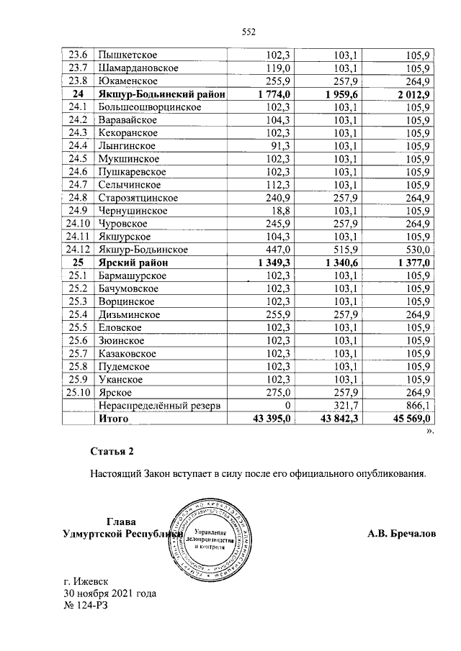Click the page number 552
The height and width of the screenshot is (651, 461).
click(249, 31)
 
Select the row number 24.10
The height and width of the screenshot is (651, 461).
click(77, 224)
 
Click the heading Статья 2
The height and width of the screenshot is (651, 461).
click(112, 451)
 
